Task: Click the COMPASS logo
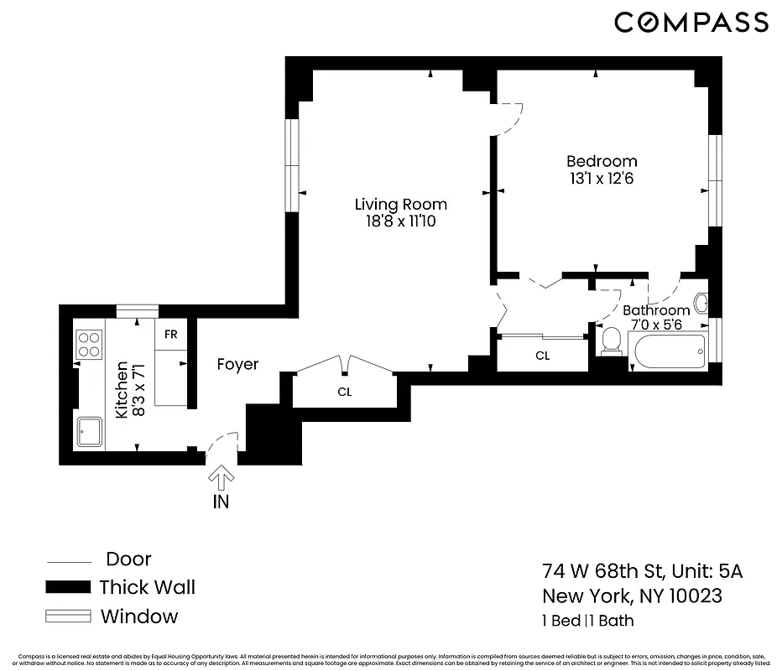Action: (x=691, y=23)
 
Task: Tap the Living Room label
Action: (x=400, y=205)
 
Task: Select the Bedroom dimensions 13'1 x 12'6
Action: (x=601, y=179)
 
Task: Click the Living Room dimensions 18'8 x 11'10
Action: (x=400, y=222)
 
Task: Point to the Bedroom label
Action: (x=601, y=161)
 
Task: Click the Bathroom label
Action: (x=656, y=310)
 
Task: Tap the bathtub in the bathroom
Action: (x=670, y=351)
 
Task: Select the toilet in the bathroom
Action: (x=612, y=341)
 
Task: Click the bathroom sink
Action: (x=701, y=303)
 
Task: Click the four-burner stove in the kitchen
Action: (x=88, y=344)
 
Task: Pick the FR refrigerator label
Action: (x=170, y=334)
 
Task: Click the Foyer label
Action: (x=237, y=365)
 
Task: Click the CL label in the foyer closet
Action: (x=344, y=392)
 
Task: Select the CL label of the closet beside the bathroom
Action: (x=543, y=356)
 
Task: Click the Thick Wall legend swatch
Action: (x=67, y=587)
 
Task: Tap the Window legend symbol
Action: (x=67, y=616)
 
